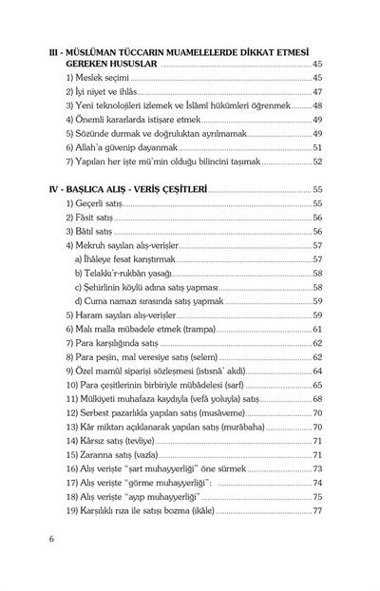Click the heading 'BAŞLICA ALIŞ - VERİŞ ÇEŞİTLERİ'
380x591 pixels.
tap(143, 190)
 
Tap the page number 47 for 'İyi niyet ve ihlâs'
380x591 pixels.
tap(317, 92)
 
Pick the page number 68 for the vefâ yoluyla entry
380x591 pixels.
tap(317, 401)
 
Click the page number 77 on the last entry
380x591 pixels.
tap(317, 511)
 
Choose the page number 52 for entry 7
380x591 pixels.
tap(317, 162)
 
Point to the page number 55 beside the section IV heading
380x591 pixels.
tap(317, 190)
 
